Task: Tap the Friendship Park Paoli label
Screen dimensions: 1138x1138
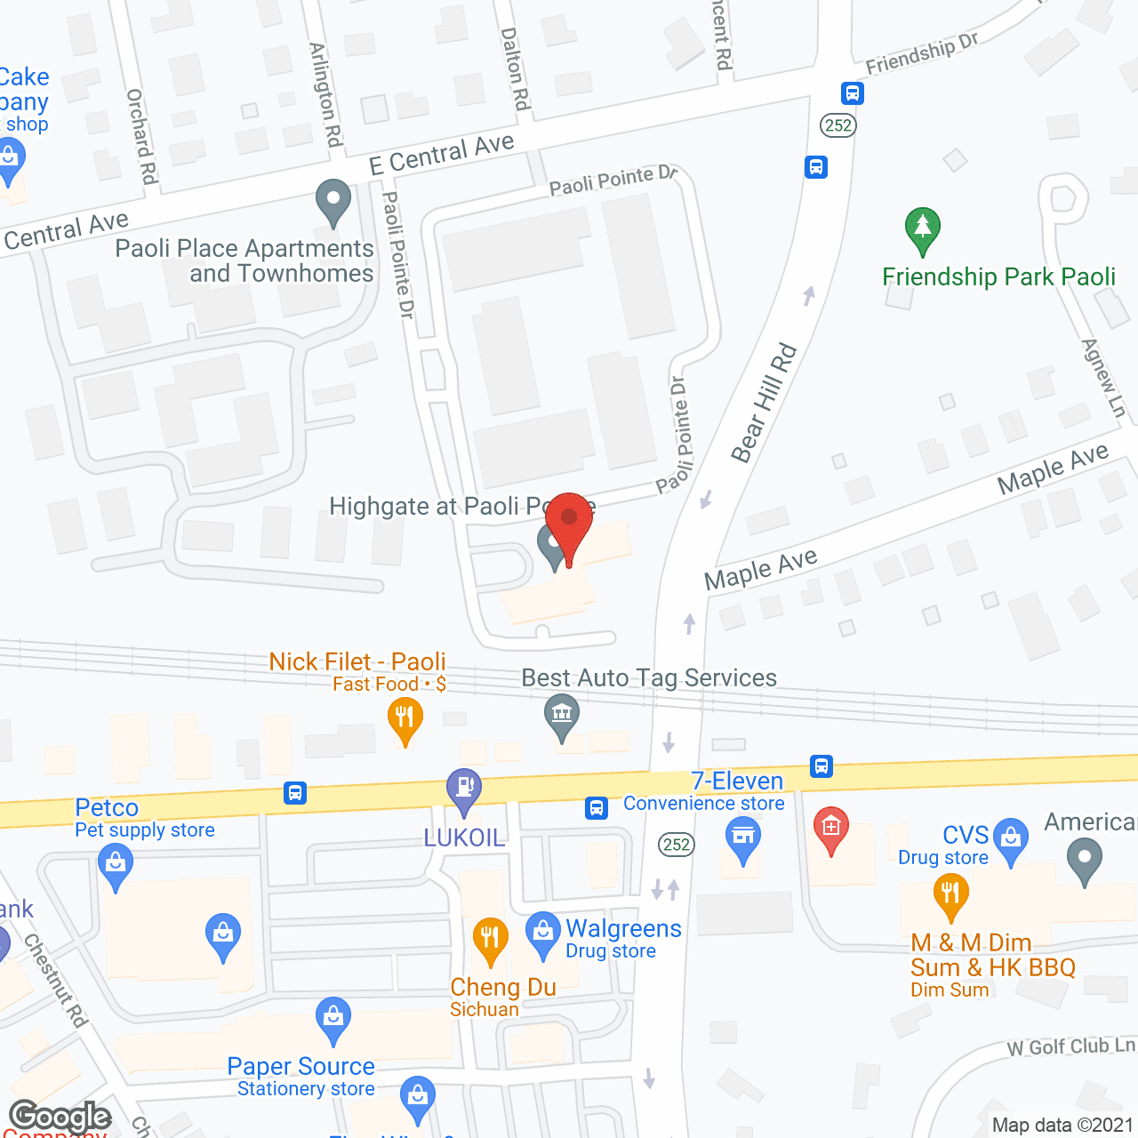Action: [998, 277]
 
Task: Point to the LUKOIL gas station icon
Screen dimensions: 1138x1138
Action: [463, 789]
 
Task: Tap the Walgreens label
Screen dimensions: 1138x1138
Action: [623, 929]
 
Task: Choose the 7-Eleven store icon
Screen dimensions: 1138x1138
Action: [742, 837]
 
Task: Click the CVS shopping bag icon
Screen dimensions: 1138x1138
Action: [1011, 837]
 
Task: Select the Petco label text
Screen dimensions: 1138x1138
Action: [107, 807]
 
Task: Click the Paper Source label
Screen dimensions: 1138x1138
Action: [301, 1066]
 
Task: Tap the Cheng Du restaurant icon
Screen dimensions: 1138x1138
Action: [490, 939]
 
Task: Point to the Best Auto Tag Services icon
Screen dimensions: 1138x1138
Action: [562, 715]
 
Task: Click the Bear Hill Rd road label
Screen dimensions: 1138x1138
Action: [764, 404]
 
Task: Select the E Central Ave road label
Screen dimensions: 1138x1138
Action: [442, 154]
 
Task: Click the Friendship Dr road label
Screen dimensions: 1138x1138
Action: [922, 53]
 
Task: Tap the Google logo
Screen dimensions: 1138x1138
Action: [60, 1117]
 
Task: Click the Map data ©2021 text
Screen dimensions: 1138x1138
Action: [1062, 1125]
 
